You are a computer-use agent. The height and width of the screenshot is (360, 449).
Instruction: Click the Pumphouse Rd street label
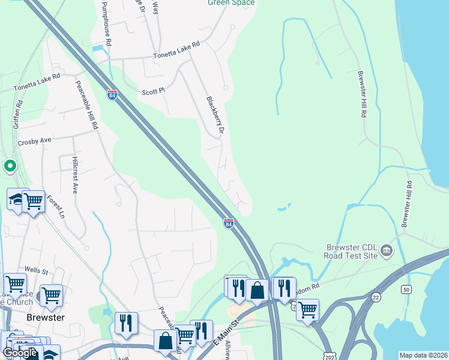pyautogui.click(x=107, y=23)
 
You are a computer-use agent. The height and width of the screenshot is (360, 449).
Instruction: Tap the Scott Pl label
pyautogui.click(x=153, y=92)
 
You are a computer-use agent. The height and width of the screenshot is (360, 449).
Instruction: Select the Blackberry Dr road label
pyautogui.click(x=214, y=115)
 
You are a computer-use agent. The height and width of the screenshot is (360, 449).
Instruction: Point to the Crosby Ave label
pyautogui.click(x=35, y=141)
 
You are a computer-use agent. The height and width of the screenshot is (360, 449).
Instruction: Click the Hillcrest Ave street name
pyautogui.click(x=74, y=174)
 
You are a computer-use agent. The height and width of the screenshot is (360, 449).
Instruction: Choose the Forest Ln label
pyautogui.click(x=55, y=206)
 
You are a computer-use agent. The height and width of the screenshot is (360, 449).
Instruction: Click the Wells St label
pyautogui.click(x=35, y=271)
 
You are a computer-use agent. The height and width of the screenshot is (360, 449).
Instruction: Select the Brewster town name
pyautogui.click(x=45, y=317)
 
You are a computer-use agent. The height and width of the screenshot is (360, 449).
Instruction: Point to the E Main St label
pyautogui.click(x=227, y=332)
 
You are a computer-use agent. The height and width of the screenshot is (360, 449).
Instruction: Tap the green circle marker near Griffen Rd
pyautogui.click(x=10, y=166)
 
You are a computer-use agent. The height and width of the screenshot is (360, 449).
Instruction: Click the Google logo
pyautogui.click(x=20, y=353)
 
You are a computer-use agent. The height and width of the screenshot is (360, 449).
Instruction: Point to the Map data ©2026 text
pyautogui.click(x=423, y=355)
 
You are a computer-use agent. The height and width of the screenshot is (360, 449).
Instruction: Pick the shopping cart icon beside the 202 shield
pyautogui.click(x=307, y=310)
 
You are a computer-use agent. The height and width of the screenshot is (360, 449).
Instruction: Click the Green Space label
pyautogui.click(x=231, y=2)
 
